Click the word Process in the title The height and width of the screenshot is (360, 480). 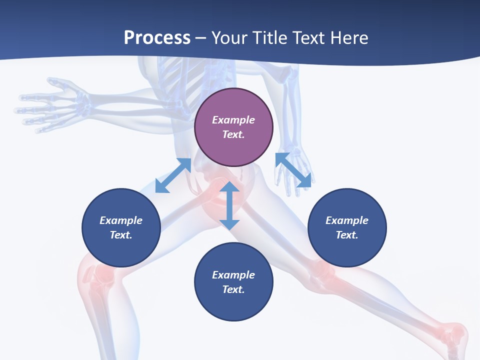coord(157,38)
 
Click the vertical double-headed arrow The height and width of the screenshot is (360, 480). coord(229,206)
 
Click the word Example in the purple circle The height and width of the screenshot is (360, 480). coord(233,120)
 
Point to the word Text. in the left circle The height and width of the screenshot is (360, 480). coord(121,235)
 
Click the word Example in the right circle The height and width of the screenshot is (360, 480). coord(347,220)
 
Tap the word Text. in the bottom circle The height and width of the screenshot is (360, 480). coord(233,289)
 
